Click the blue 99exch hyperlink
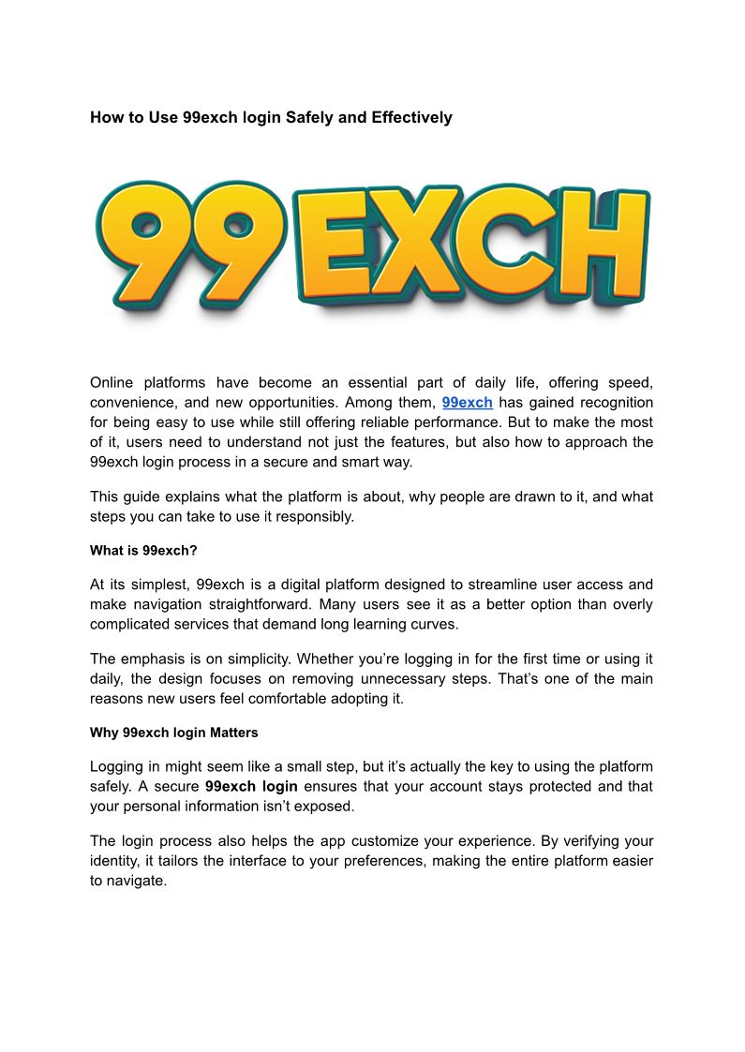pos(467,402)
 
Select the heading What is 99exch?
pos(143,551)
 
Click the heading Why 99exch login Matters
pos(174,732)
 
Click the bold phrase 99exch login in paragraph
pos(251,786)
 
